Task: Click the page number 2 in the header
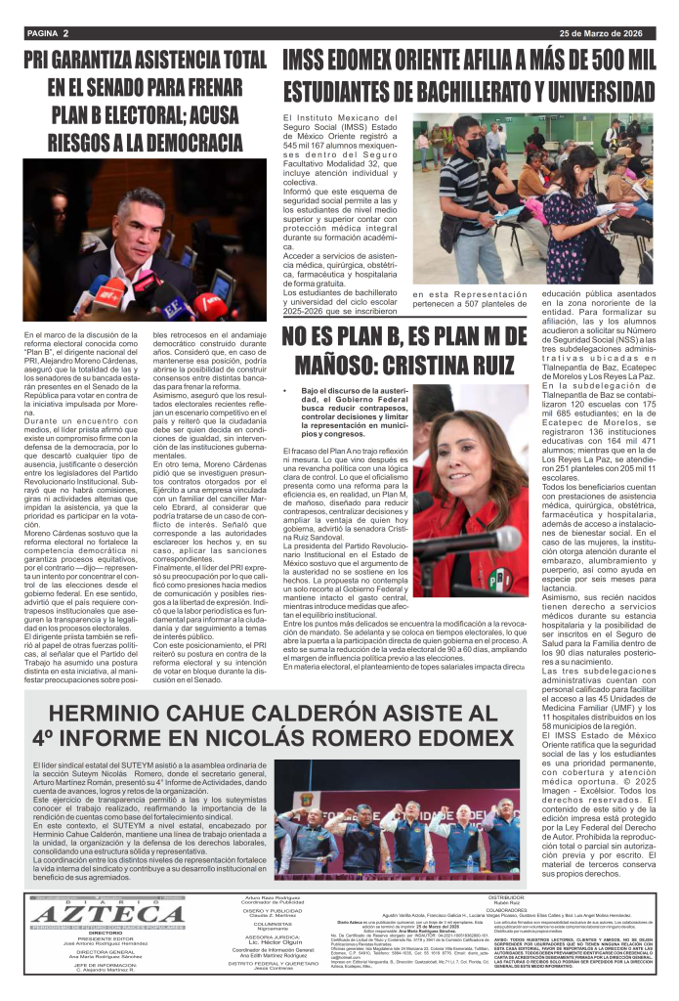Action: click(65, 32)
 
